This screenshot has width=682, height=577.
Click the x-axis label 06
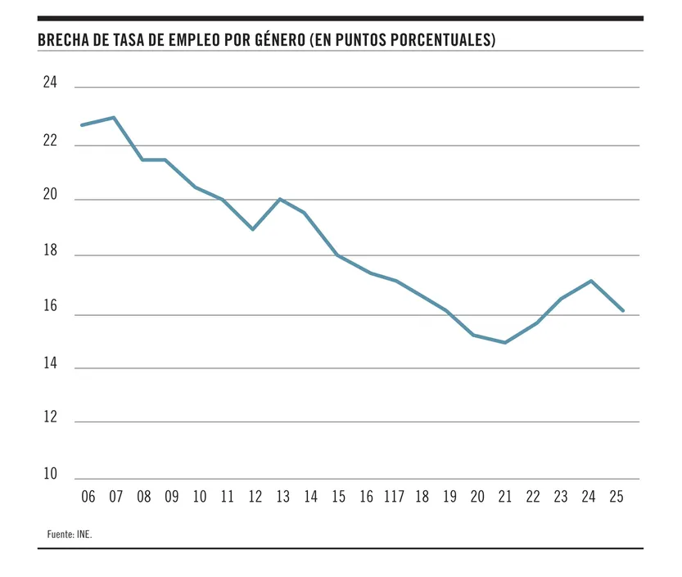click(x=88, y=497)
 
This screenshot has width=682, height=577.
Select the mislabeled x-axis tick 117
click(x=394, y=497)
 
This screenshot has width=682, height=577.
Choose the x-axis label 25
click(x=617, y=497)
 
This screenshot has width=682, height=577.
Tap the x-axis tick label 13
click(x=282, y=497)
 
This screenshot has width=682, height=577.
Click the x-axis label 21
click(x=505, y=497)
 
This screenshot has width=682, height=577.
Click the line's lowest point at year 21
click(x=505, y=343)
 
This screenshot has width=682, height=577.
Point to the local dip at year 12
click(x=253, y=229)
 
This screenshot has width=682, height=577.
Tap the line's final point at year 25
click(x=623, y=311)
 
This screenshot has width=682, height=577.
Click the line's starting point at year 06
click(x=81, y=125)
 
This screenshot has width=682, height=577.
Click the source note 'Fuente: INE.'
click(x=70, y=534)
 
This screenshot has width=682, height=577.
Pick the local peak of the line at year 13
click(x=280, y=199)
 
